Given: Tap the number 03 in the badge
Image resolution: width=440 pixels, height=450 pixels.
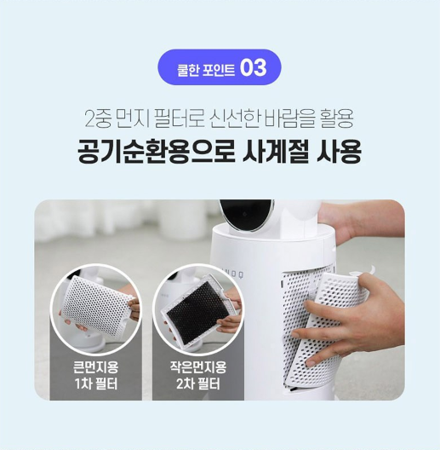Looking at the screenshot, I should click(254, 67).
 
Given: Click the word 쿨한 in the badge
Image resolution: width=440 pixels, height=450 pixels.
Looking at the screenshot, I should click(189, 68).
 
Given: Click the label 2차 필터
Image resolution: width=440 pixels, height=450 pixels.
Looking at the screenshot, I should click(197, 384).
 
